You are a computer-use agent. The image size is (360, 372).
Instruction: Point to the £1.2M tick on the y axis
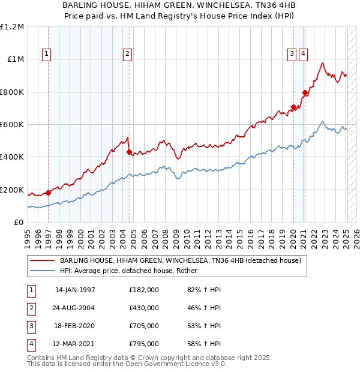tap(12, 27)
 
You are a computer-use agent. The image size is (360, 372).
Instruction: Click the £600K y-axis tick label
tap(12, 124)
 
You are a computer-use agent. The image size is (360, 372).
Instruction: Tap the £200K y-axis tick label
tap(12, 190)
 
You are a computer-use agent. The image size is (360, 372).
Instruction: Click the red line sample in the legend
tap(42, 260)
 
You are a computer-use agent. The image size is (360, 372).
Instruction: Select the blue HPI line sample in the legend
tap(42, 270)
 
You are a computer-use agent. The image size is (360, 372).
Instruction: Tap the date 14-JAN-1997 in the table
tap(75, 290)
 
